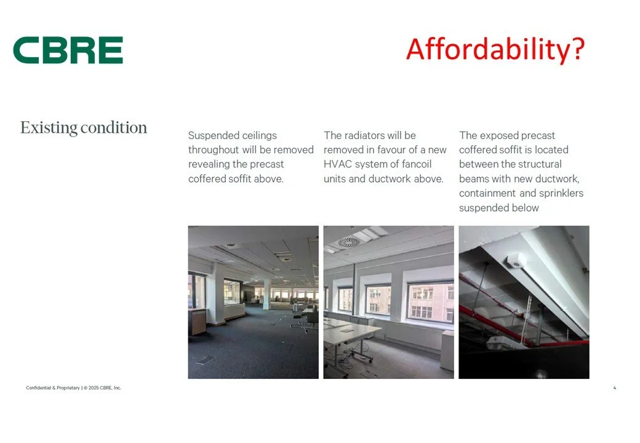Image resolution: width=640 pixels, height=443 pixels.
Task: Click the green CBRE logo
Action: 68,50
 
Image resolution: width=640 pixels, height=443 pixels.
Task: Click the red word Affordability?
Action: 495,49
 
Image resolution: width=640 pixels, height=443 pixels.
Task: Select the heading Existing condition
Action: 84,127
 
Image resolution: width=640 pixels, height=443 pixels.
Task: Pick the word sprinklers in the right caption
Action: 561,193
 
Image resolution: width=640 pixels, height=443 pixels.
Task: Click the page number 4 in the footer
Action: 615,388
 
